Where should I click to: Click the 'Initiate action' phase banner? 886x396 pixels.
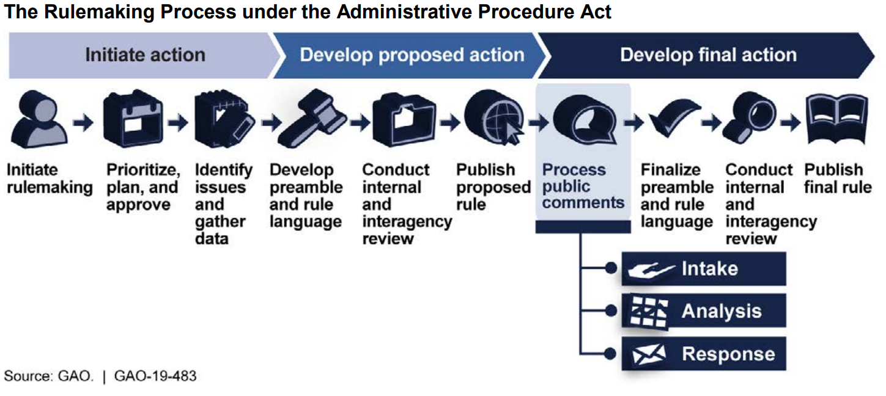coord(144,55)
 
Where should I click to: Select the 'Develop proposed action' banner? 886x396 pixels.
coord(412,55)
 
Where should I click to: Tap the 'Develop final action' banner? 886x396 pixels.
coord(708,55)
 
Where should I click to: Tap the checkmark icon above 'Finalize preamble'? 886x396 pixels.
coord(673,119)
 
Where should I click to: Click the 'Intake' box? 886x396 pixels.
coord(703,269)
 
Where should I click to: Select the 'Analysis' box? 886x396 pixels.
coord(703,311)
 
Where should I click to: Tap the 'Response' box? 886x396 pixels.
coord(703,354)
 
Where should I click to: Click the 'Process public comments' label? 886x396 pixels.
coord(583,186)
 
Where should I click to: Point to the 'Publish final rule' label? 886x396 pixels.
coord(837,178)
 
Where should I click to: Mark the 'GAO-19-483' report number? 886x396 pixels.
coord(155,375)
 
